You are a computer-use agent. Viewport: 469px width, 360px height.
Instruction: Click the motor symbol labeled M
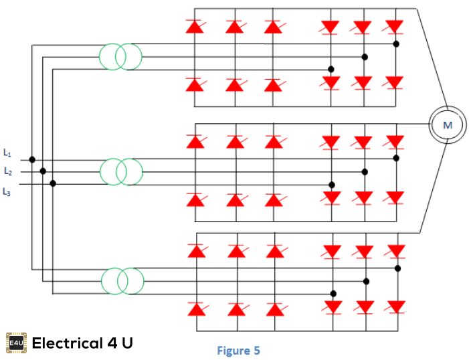447,124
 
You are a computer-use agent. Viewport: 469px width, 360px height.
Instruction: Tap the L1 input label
7,153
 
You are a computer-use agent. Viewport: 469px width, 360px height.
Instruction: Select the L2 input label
7,171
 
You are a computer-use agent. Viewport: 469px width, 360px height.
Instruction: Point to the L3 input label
7,192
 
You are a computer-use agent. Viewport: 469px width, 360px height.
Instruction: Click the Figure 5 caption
238,350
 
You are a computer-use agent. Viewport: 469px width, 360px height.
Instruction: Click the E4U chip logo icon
16,343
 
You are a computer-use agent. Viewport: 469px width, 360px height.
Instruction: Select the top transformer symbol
120,57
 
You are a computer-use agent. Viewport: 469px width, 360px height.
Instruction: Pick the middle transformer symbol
121,172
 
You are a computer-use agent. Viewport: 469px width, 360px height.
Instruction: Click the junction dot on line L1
32,160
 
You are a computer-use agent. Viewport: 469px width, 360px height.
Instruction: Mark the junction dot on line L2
43,171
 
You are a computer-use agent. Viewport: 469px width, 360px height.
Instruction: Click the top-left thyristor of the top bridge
195,27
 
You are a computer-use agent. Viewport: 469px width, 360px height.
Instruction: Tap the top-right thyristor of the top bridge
395,27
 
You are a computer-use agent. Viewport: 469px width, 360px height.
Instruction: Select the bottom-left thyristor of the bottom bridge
196,308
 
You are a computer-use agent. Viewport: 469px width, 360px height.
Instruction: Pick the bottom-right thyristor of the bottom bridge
397,306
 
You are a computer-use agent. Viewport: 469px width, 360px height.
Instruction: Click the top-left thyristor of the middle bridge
195,142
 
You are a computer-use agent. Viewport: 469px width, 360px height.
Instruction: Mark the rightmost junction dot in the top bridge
396,44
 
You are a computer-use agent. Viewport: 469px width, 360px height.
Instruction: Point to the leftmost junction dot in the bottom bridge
333,293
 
